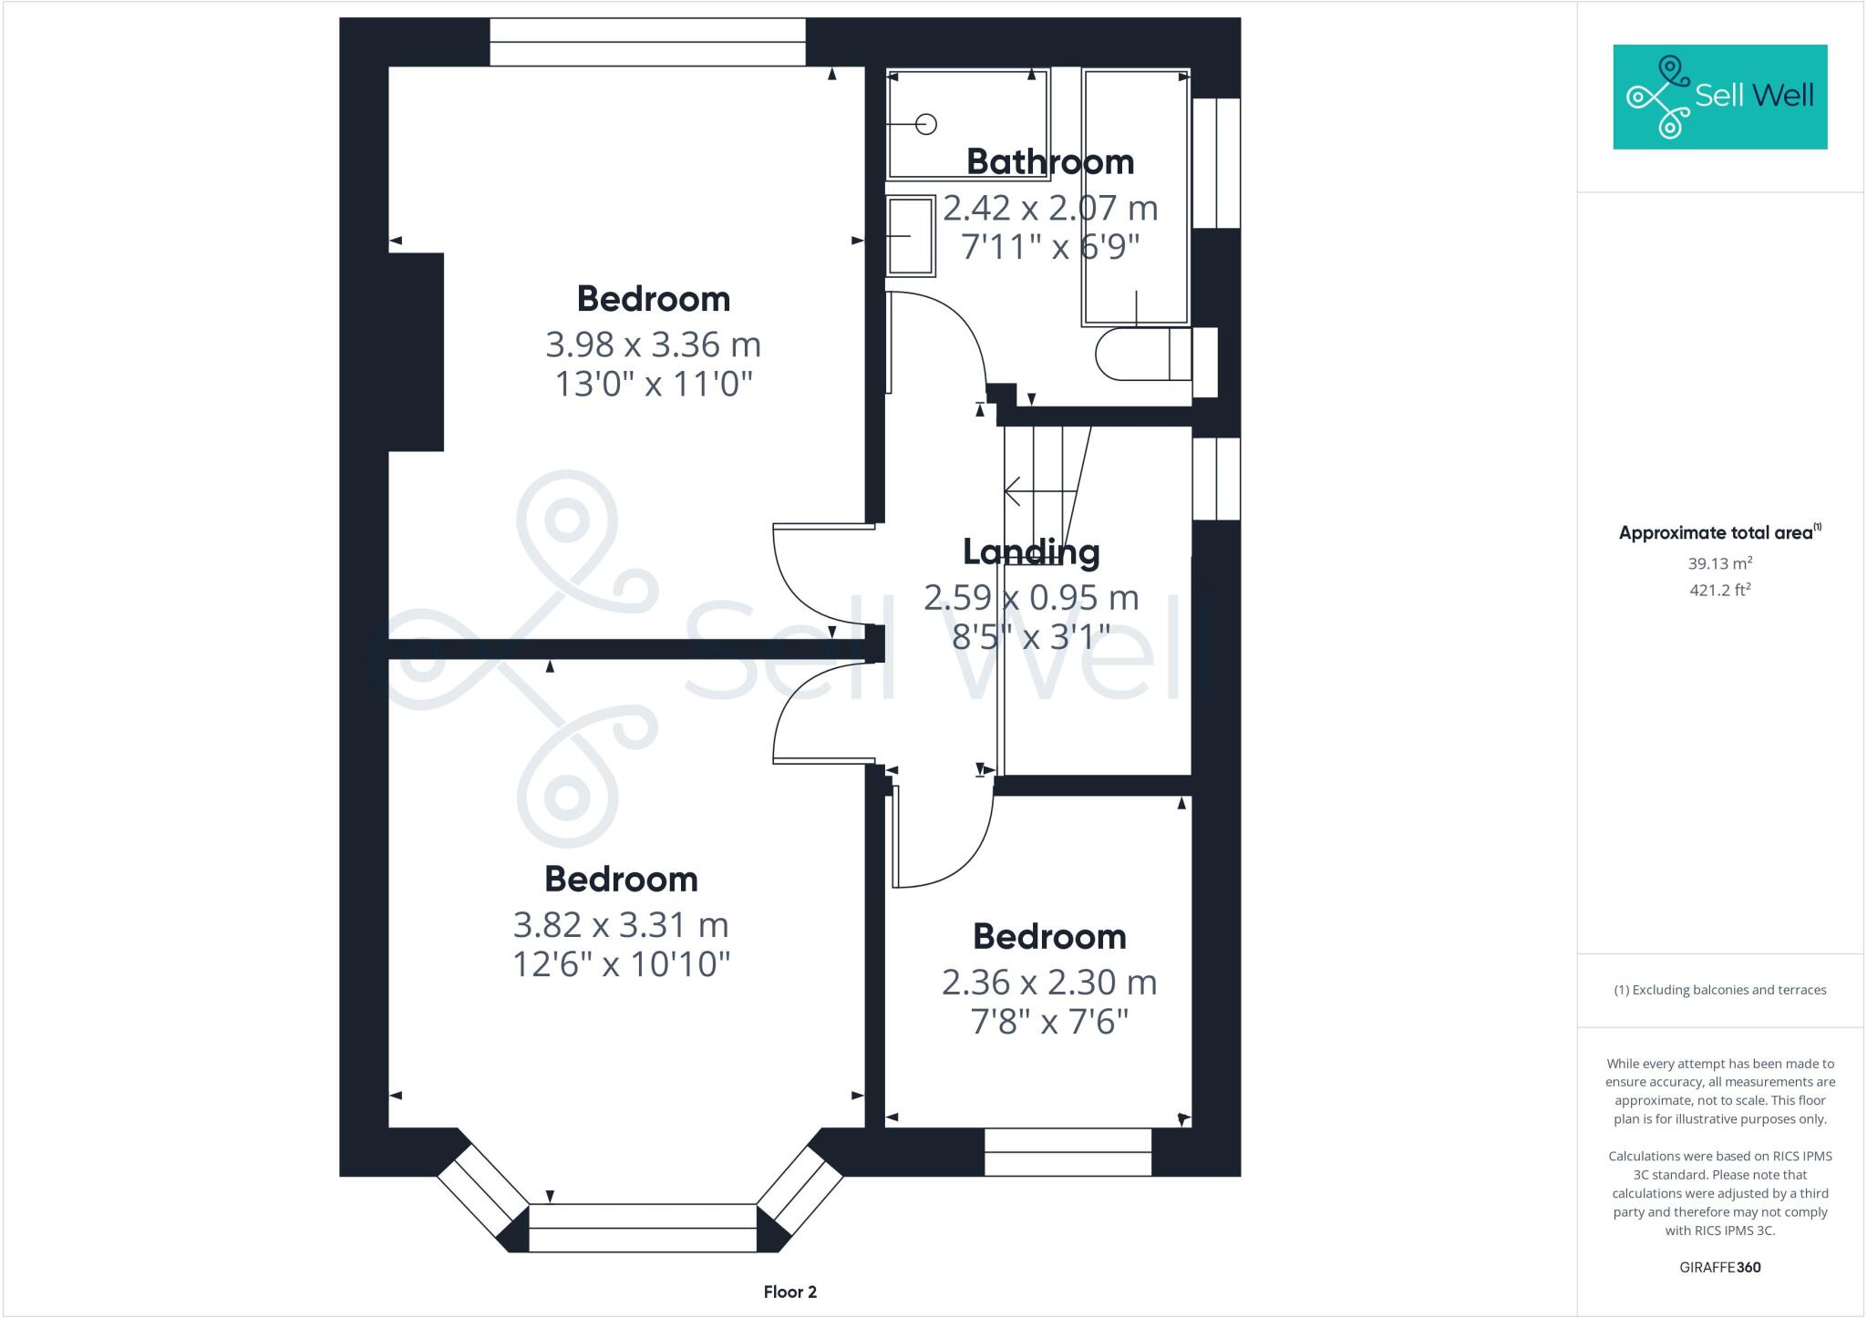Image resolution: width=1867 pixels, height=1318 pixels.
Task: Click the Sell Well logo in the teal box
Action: click(1719, 97)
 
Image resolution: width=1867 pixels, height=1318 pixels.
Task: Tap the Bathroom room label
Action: click(1050, 162)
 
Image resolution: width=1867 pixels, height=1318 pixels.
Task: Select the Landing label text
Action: click(1031, 552)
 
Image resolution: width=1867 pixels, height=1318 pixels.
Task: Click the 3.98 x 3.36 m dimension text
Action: click(653, 345)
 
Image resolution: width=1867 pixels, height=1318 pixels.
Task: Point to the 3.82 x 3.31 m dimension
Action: click(621, 925)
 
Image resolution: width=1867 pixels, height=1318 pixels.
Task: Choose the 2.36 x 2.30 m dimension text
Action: click(1049, 983)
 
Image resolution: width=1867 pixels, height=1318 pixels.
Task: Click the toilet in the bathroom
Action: click(1143, 355)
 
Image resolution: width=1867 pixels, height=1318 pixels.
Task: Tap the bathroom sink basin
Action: click(911, 235)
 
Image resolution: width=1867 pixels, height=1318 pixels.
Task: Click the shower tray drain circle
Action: click(925, 125)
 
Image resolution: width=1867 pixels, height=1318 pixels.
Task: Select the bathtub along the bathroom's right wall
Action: click(1136, 196)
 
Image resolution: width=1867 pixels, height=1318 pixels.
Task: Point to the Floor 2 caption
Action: click(790, 1292)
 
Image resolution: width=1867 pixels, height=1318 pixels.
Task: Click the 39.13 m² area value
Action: click(1719, 563)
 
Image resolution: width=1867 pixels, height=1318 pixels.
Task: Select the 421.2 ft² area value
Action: click(1719, 590)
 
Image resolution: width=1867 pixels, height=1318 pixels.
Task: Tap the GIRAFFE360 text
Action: click(1719, 1267)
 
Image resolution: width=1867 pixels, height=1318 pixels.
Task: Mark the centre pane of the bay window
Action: click(643, 1228)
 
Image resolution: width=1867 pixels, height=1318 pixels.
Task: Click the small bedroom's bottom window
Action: click(1068, 1152)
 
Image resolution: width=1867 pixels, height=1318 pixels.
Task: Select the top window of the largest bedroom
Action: click(647, 42)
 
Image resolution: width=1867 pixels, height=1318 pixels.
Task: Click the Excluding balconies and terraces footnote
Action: click(1719, 990)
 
